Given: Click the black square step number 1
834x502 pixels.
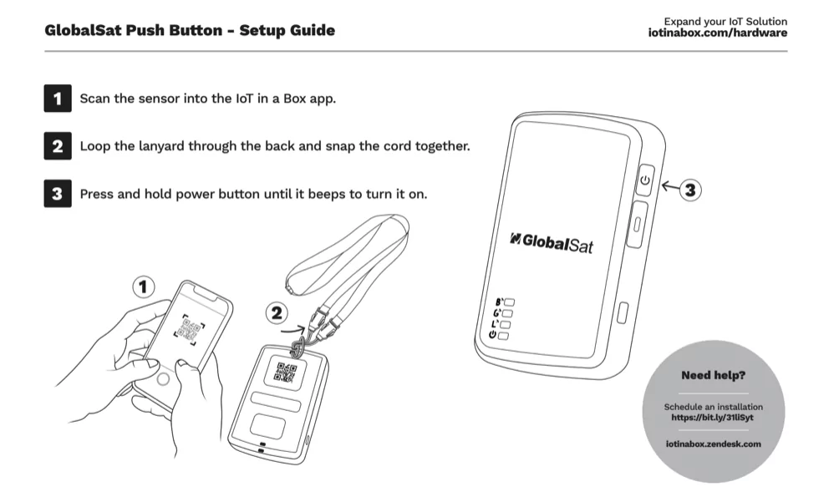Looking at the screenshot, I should tap(56, 99).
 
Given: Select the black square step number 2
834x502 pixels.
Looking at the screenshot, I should tap(56, 147).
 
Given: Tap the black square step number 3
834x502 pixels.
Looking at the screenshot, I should tap(56, 195).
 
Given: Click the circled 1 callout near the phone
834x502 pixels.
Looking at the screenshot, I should tap(144, 287).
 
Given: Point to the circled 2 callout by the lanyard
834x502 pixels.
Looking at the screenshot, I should tap(278, 315).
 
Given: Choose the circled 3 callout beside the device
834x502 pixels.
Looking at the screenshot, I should tap(689, 190).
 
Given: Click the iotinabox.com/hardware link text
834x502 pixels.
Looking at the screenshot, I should tap(717, 33).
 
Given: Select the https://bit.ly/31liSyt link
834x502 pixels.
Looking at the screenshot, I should tap(713, 415).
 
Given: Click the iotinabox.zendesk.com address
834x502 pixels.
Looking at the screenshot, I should tap(713, 444).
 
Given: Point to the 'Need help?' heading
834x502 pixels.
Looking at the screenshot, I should tap(713, 376).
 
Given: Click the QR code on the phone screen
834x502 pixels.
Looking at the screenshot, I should tap(189, 329).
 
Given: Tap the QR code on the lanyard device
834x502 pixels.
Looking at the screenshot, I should tap(287, 373).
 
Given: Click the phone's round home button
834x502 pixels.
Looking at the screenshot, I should tap(164, 378).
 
